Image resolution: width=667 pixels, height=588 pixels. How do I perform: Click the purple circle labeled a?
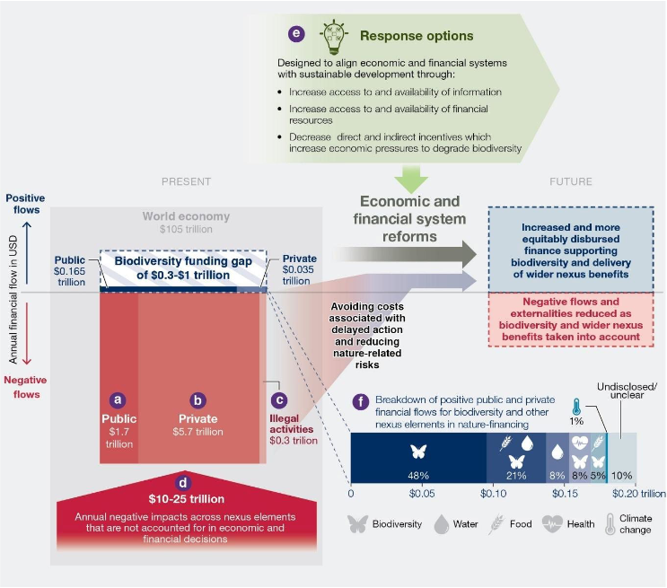coord(116,399)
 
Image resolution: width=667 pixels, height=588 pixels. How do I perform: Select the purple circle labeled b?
coord(199,399)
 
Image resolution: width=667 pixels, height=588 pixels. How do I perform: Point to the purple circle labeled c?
coord(280,399)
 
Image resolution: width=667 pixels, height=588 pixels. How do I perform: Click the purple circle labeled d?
coord(184,480)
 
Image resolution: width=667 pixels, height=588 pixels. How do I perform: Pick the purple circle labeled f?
coord(361,401)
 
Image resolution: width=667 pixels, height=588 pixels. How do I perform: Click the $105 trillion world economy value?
coord(186,231)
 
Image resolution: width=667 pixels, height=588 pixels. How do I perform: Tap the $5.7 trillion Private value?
coord(198,432)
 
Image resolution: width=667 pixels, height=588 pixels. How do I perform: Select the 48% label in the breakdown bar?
coord(417,475)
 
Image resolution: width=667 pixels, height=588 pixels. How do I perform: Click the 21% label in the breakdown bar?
coord(515,475)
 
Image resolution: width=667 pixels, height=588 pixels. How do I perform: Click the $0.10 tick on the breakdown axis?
coord(493,494)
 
